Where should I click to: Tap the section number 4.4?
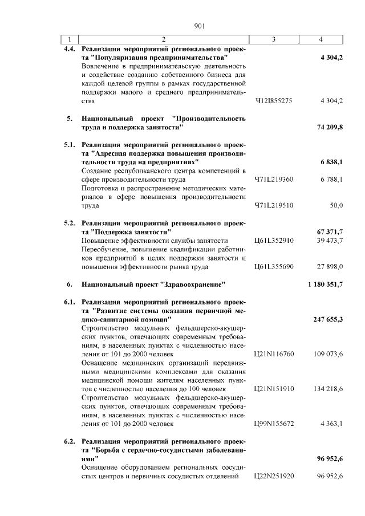[x=69, y=49]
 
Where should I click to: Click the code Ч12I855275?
[x=273, y=101]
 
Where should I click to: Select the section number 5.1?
[x=69, y=145]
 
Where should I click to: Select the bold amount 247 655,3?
[x=328, y=319]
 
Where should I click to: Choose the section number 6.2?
[x=69, y=441]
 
